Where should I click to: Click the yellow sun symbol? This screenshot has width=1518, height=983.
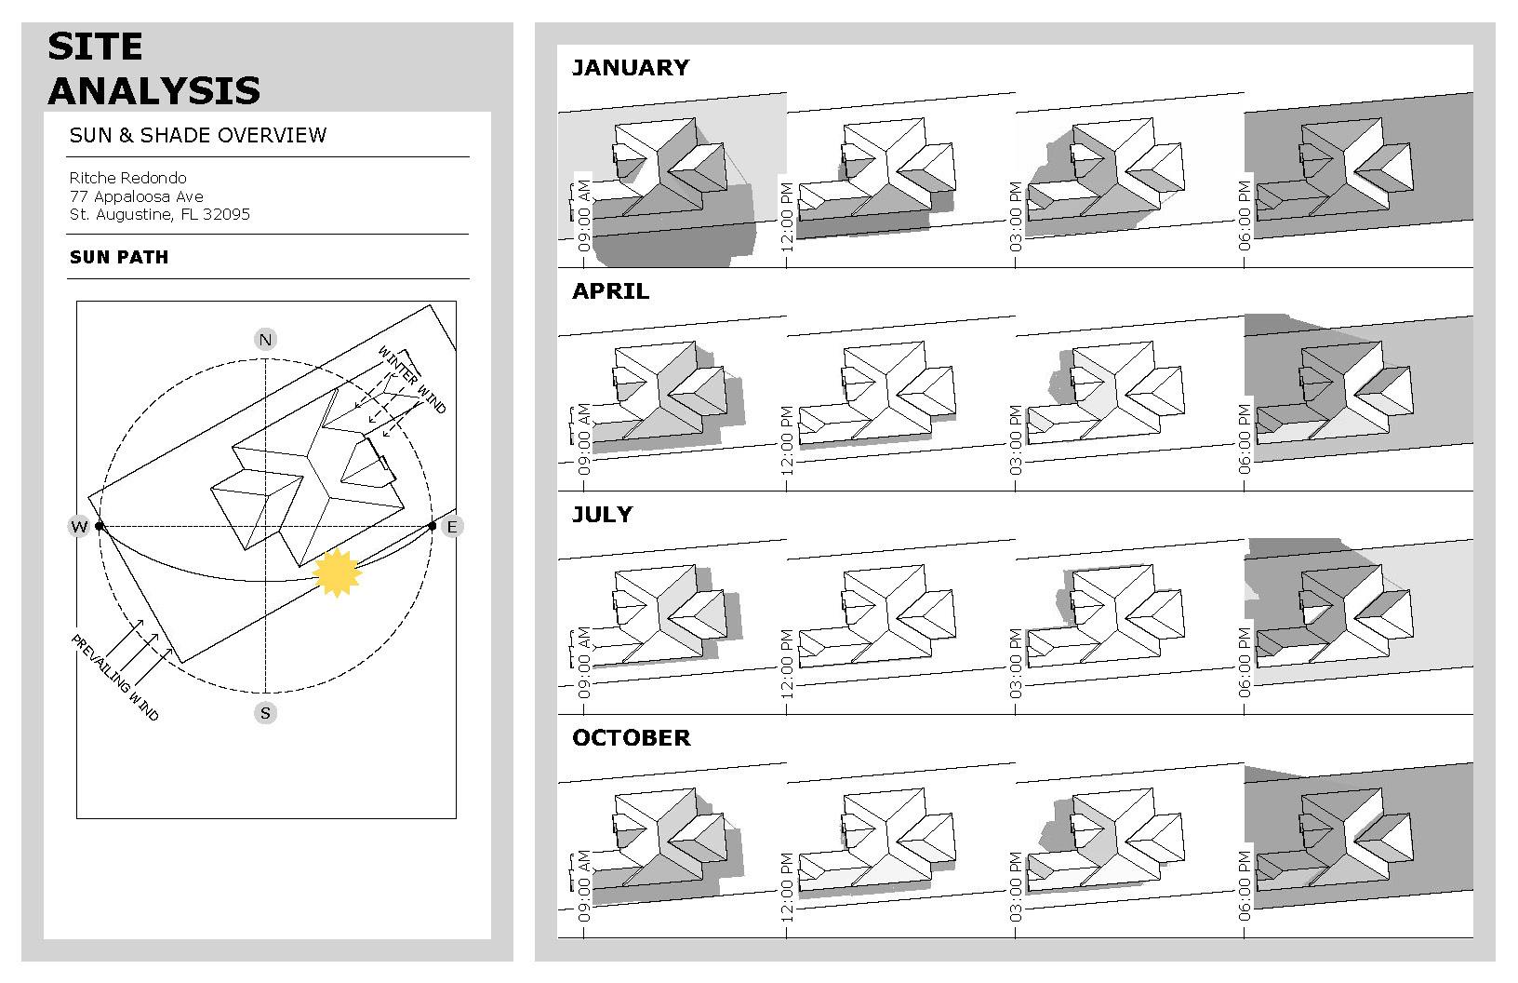[x=337, y=572]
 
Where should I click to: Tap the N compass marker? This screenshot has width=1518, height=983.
[x=266, y=340]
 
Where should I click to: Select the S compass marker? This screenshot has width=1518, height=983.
[x=266, y=713]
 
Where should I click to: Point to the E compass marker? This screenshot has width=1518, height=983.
[x=452, y=527]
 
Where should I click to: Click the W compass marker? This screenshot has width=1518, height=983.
[x=79, y=527]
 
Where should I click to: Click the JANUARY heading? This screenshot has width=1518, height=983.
[x=630, y=67]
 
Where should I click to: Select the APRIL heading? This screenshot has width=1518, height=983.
[x=610, y=290]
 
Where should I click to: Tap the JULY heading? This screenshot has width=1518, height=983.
[x=602, y=514]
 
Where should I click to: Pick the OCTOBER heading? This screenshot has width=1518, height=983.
[x=631, y=737]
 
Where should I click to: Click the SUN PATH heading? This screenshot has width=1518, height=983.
[x=119, y=257]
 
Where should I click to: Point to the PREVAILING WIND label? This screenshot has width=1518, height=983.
[x=115, y=677]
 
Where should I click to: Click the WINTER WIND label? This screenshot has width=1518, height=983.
[x=412, y=380]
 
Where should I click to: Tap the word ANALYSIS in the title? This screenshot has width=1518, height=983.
[x=154, y=90]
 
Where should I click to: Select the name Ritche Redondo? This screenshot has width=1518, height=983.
[x=127, y=178]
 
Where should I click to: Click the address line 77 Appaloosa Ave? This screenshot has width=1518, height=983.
[x=136, y=196]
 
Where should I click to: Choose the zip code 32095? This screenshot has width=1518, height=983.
[x=227, y=214]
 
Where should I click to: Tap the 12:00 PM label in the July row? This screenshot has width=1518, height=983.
[x=787, y=665]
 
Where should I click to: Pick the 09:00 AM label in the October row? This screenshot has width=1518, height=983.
[x=584, y=886]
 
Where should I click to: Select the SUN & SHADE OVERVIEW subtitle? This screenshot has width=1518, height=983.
[x=198, y=135]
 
